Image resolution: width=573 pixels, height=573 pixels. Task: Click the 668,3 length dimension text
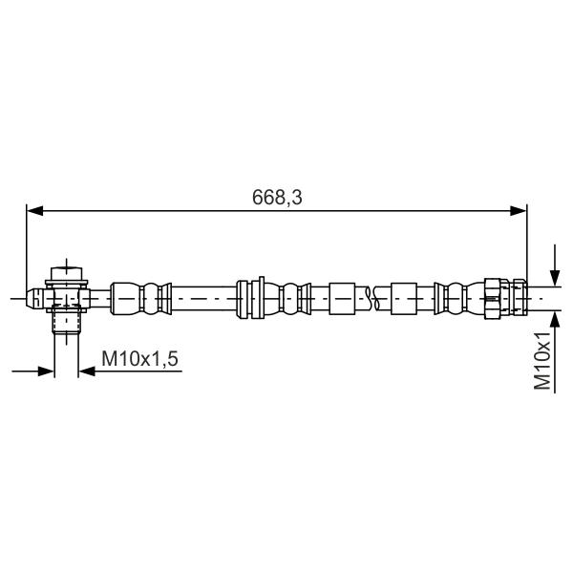click(x=277, y=198)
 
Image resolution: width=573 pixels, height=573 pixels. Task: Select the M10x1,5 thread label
click(x=140, y=358)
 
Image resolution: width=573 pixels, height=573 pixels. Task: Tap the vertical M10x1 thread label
click(x=542, y=361)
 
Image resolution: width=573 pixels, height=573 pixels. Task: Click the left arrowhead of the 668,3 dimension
click(x=35, y=210)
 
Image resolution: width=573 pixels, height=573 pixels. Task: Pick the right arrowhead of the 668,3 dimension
click(x=519, y=210)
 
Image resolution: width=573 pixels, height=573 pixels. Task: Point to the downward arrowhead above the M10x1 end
click(x=555, y=278)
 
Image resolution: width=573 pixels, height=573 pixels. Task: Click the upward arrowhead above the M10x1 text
click(x=555, y=319)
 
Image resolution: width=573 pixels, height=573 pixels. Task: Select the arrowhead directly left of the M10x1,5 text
click(x=87, y=371)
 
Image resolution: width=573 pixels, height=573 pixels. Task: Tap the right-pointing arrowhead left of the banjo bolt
click(x=46, y=371)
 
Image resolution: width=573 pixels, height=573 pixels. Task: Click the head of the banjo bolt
click(x=67, y=273)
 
